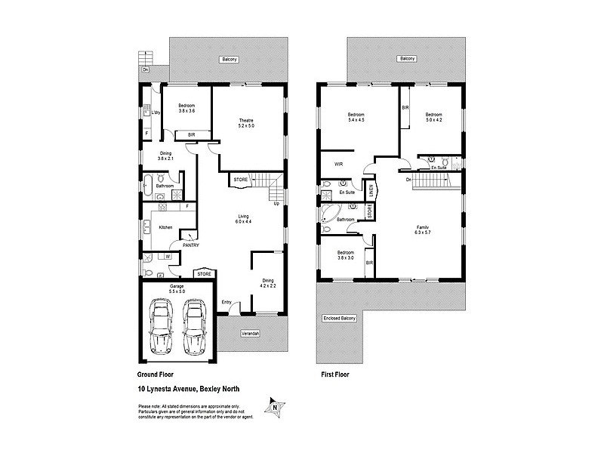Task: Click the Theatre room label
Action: [x=246, y=120]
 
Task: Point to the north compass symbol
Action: [x=274, y=406]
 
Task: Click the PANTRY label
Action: [x=190, y=245]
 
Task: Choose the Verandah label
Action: [x=251, y=333]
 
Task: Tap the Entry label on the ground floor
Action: [x=226, y=303]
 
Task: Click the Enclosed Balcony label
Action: [x=339, y=317]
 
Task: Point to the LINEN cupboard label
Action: [x=371, y=188]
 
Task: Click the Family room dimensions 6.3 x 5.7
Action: [x=423, y=233]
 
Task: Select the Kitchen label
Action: [x=165, y=226]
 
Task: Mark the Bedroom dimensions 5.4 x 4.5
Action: [x=356, y=119]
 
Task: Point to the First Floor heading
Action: [x=334, y=374]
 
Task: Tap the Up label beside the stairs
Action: [x=276, y=203]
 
